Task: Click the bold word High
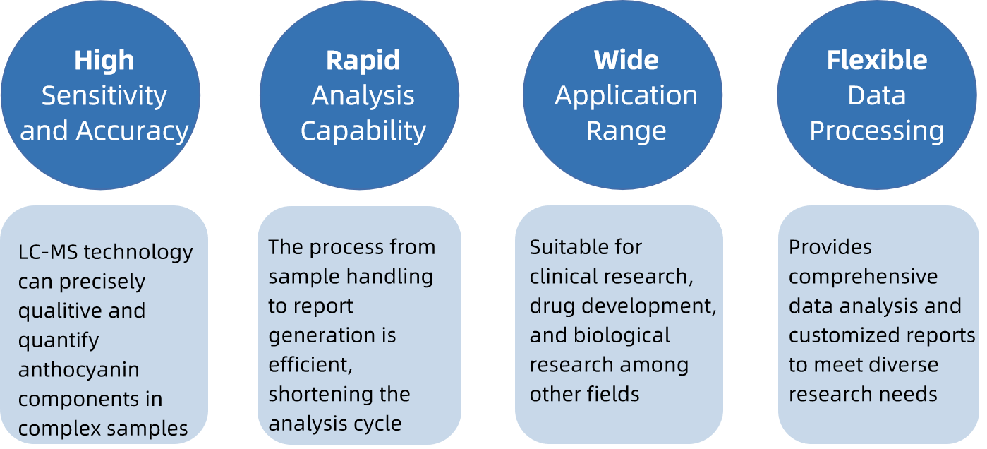[104, 61]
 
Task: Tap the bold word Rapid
[363, 61]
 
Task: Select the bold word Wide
[626, 61]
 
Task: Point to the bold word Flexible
[877, 61]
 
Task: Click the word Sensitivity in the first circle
[104, 96]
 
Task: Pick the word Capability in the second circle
[363, 131]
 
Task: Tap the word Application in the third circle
[626, 96]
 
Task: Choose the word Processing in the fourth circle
[877, 131]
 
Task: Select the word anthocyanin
[78, 370]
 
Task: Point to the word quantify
[59, 340]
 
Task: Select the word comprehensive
[863, 277]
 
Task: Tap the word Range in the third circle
[626, 131]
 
